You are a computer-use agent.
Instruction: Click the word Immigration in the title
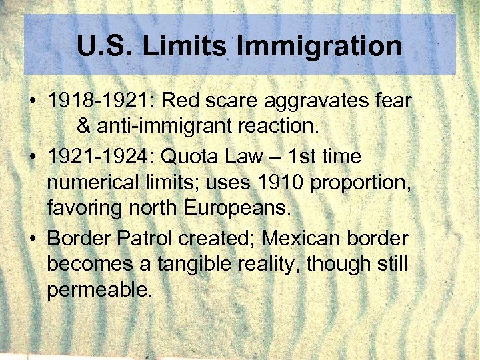[319, 46]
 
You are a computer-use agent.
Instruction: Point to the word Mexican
[302, 238]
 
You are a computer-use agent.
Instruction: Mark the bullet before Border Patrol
[32, 239]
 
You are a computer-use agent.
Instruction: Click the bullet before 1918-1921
[32, 101]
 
